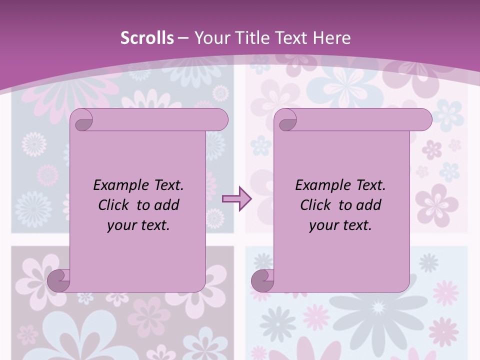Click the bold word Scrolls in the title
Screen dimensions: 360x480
tap(147, 38)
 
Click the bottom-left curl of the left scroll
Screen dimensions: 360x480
tap(59, 280)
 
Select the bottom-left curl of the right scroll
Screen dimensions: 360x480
tap(263, 280)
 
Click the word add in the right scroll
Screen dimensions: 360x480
tap(369, 205)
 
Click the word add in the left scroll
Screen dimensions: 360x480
tap(167, 205)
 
